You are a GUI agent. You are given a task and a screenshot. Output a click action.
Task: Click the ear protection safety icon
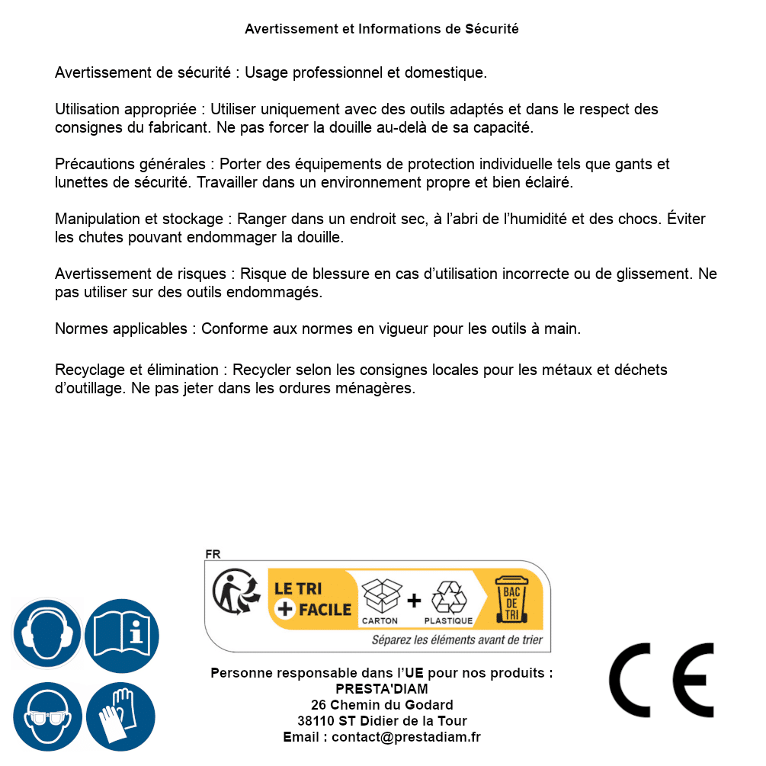tap(46, 635)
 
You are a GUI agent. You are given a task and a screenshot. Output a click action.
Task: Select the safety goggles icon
tap(46, 716)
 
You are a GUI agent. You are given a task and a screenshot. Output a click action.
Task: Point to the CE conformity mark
tap(661, 680)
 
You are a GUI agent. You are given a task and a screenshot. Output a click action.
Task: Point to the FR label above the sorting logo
tap(213, 554)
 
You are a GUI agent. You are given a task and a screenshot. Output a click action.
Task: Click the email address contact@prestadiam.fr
tap(406, 737)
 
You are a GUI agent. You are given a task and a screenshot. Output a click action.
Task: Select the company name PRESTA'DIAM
tap(382, 689)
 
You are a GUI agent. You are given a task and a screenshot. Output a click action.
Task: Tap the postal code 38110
tap(316, 721)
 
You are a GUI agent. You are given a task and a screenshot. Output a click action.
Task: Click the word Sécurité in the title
tap(492, 29)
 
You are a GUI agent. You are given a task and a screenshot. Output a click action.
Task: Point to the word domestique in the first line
tap(445, 73)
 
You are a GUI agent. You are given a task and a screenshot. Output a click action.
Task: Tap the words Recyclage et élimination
tap(137, 370)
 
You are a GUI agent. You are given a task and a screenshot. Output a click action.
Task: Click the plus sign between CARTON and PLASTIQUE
tap(414, 601)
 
